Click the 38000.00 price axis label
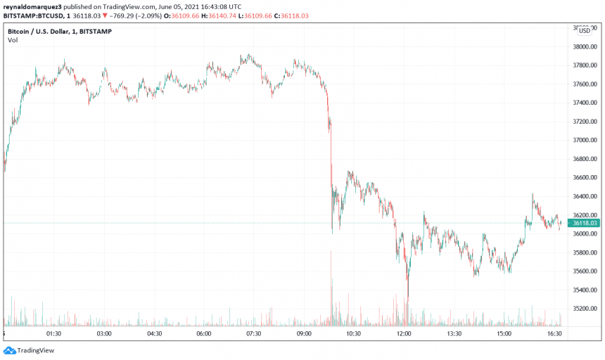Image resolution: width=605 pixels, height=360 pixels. click(x=583, y=47)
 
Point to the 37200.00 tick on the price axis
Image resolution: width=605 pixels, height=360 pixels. click(x=583, y=122)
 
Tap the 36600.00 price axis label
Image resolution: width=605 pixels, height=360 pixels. click(x=583, y=178)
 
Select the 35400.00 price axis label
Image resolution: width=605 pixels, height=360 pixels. click(x=583, y=290)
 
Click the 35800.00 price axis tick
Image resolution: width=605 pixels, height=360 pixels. click(x=583, y=252)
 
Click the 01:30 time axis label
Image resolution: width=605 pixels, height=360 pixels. click(x=54, y=334)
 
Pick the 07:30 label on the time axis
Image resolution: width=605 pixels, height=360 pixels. click(x=254, y=334)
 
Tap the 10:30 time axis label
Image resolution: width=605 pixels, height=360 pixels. click(x=354, y=334)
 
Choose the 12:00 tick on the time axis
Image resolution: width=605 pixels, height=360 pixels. click(x=404, y=334)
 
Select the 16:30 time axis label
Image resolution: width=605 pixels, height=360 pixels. click(x=554, y=334)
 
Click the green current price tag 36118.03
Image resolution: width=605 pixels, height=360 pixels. click(x=585, y=223)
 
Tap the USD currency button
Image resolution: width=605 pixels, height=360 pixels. click(x=585, y=30)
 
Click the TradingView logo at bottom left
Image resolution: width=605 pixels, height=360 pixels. click(x=29, y=350)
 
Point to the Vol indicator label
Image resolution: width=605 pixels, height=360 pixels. click(x=13, y=40)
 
